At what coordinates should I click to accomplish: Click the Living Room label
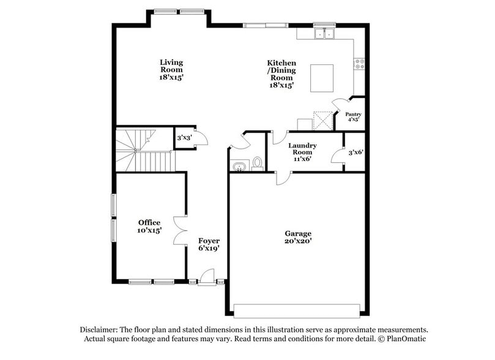(171, 70)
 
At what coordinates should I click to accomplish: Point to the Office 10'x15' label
(149, 227)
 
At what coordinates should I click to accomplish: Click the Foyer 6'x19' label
(209, 244)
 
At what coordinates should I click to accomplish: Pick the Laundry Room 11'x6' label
(303, 151)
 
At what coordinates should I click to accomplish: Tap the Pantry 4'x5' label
(353, 116)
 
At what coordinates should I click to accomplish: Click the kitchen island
(323, 77)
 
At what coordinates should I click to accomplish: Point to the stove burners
(359, 62)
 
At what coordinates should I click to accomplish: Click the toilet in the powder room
(257, 163)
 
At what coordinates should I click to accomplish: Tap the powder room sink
(238, 165)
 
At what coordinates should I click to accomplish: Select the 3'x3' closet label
(184, 138)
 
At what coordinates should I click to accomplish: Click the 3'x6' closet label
(355, 152)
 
